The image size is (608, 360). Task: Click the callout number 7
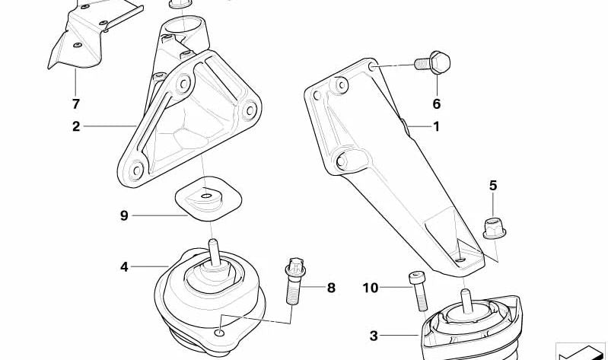pyautogui.click(x=75, y=103)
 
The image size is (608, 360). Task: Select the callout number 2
pyautogui.click(x=76, y=126)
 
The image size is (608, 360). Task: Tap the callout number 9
pyautogui.click(x=124, y=215)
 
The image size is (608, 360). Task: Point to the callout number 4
pyautogui.click(x=124, y=266)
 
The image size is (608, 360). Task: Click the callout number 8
pyautogui.click(x=331, y=288)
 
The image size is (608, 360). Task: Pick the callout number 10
pyautogui.click(x=370, y=288)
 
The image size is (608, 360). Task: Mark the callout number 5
pyautogui.click(x=492, y=185)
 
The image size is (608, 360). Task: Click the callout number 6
pyautogui.click(x=437, y=104)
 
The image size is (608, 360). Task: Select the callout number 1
pyautogui.click(x=437, y=127)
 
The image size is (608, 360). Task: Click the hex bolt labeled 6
pyautogui.click(x=434, y=63)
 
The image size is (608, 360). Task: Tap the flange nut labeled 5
pyautogui.click(x=493, y=226)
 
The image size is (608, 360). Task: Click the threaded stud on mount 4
pyautogui.click(x=215, y=253)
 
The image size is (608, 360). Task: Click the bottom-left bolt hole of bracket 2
pyautogui.click(x=135, y=170)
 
